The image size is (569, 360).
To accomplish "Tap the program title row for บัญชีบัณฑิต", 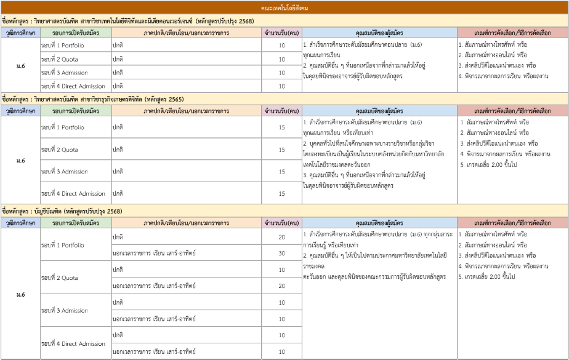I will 62,211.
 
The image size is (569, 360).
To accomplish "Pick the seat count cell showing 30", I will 281,253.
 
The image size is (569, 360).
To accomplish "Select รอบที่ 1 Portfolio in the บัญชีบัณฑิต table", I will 63,245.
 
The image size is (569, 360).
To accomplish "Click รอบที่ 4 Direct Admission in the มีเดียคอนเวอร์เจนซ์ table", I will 73,86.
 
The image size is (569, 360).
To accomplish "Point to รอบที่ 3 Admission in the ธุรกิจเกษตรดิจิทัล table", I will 65,172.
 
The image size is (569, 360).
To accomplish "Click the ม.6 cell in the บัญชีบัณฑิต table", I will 21,294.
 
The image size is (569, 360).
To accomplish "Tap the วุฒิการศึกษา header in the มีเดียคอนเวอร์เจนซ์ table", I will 20,33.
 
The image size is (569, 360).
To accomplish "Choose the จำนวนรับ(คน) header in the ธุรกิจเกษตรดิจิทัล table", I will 281,111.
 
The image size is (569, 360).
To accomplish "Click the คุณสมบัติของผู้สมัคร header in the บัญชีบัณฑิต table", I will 379,223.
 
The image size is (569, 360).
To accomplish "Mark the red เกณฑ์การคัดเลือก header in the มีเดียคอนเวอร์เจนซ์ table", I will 512,33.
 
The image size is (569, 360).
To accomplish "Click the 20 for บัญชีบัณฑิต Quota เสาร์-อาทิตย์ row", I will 281,286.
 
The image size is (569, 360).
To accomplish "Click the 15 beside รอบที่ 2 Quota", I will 281,150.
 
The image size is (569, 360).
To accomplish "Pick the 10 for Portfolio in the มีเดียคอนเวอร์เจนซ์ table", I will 281,46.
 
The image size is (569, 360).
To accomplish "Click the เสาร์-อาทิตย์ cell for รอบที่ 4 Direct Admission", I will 154,352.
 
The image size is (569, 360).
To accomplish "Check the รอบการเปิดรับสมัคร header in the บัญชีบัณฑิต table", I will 75,223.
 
